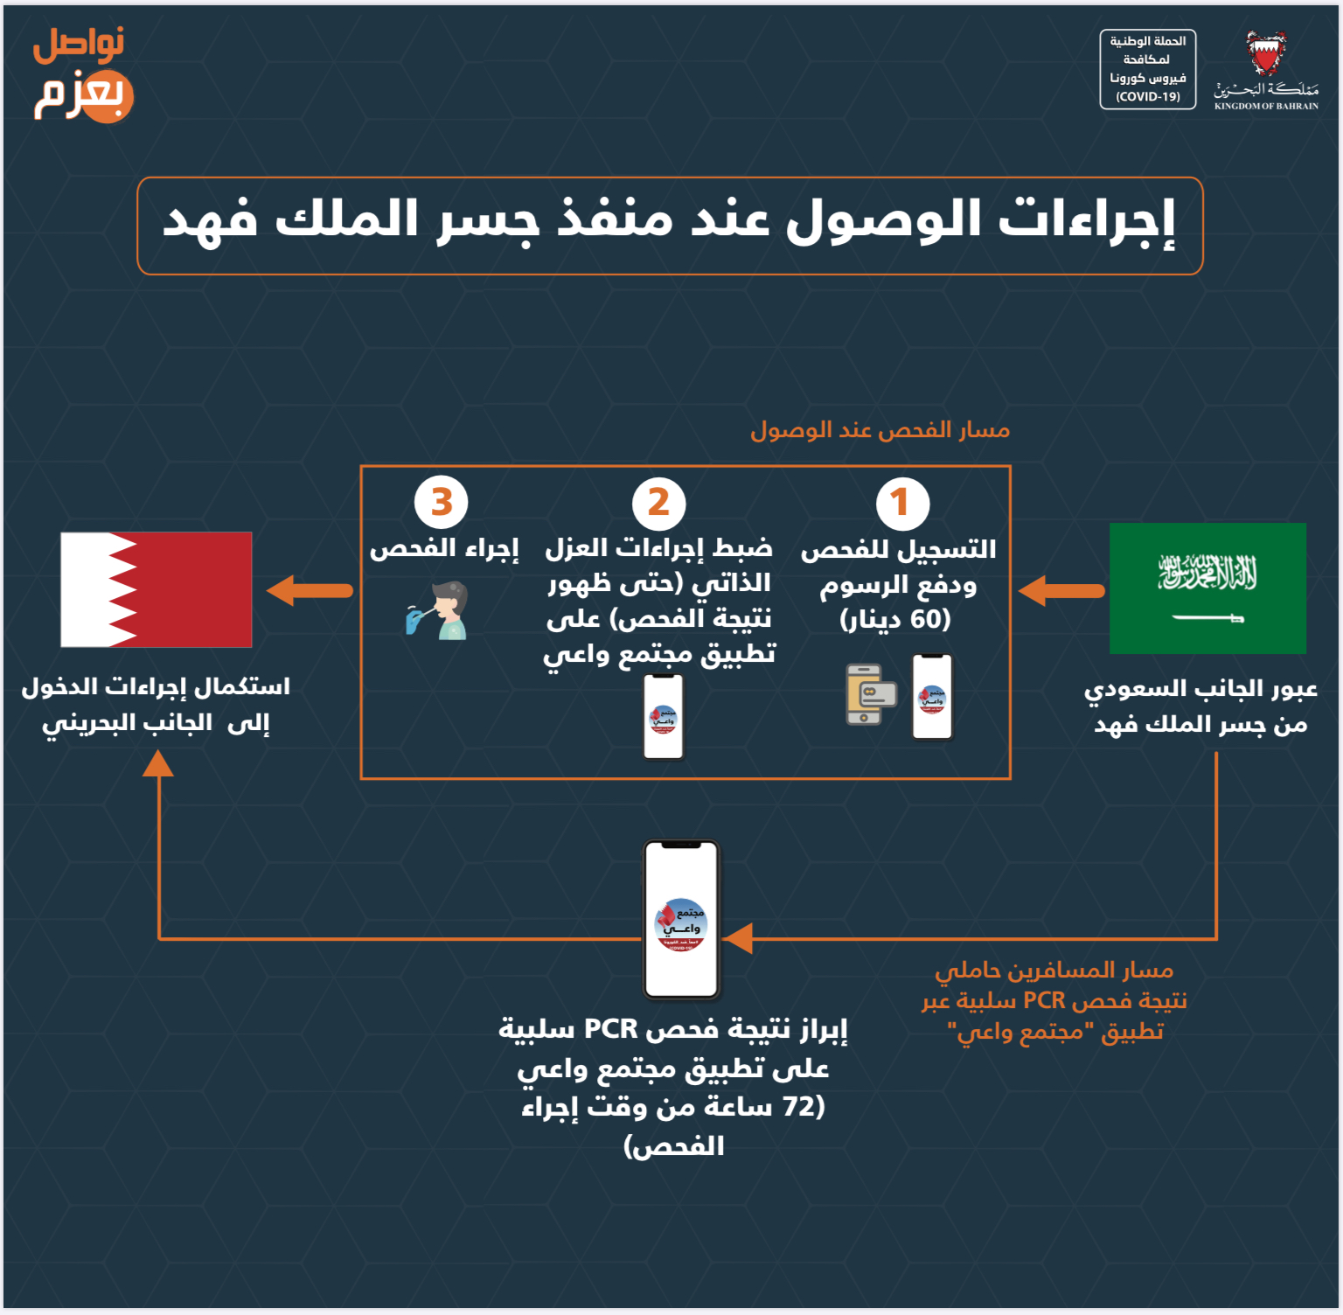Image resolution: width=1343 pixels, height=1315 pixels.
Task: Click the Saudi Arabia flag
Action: tap(1207, 588)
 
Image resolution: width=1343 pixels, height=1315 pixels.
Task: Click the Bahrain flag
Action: tap(157, 589)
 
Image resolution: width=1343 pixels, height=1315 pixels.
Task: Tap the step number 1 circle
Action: tap(902, 503)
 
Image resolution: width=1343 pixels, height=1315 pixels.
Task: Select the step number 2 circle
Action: tap(658, 503)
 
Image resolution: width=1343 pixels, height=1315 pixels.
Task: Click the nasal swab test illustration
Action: tap(440, 611)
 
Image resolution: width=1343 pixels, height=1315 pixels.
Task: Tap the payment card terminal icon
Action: tap(870, 694)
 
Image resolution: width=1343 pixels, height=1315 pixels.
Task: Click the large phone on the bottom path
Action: tap(681, 919)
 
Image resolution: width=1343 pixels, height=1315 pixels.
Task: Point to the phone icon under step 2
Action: tap(664, 717)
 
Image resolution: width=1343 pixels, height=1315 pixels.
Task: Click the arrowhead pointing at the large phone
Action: tap(739, 938)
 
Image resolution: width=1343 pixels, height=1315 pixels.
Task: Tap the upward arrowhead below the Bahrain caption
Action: tap(158, 764)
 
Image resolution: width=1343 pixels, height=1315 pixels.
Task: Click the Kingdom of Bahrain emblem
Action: tap(1266, 56)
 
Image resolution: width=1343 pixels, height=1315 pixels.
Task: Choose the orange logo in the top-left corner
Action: tap(82, 75)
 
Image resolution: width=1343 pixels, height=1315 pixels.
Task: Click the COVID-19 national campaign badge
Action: tap(1147, 69)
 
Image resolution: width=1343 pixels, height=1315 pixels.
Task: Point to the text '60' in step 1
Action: tap(929, 619)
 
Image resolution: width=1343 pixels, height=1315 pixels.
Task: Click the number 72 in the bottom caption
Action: tap(798, 1106)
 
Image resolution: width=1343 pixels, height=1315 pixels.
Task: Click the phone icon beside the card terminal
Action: tap(932, 697)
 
